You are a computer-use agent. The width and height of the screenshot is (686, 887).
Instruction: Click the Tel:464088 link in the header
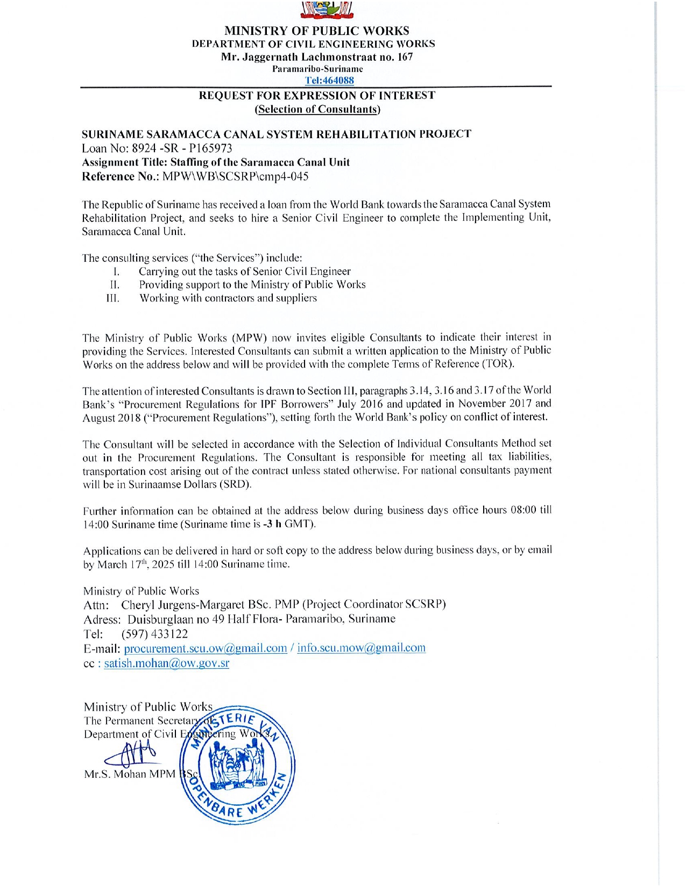click(329, 81)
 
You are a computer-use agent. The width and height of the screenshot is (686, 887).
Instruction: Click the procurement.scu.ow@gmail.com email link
click(205, 648)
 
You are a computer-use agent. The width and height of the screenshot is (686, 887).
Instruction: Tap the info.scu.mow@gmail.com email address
click(361, 648)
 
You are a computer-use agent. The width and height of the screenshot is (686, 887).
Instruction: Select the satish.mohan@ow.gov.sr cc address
click(166, 663)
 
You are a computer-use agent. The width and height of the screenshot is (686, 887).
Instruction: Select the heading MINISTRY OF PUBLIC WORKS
click(316, 31)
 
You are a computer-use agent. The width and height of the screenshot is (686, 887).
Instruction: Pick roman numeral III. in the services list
click(113, 298)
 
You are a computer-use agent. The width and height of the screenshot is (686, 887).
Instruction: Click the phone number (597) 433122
click(154, 634)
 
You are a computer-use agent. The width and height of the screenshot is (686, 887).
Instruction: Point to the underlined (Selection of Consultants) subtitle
click(317, 109)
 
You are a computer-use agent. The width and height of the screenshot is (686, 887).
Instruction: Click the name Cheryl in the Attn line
click(138, 604)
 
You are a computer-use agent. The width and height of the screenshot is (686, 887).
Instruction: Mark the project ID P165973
click(210, 148)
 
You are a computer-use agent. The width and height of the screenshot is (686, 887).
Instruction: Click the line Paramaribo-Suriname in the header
click(317, 69)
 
